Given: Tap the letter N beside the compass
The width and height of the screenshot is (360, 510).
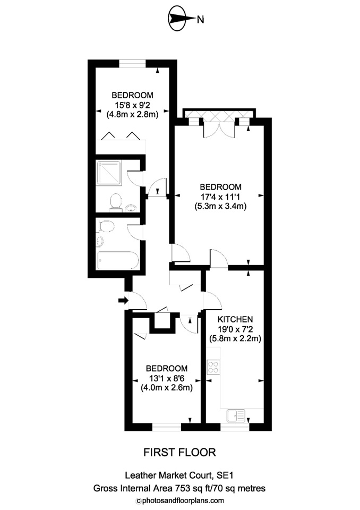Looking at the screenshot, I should click(x=200, y=20).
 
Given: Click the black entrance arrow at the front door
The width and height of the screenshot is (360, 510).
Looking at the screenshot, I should click(x=123, y=301).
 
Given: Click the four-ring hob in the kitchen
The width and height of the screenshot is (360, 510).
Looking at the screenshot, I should click(x=213, y=366).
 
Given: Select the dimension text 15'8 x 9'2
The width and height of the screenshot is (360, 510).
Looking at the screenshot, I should click(x=129, y=104).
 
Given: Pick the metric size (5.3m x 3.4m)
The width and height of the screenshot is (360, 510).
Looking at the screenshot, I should click(x=220, y=206).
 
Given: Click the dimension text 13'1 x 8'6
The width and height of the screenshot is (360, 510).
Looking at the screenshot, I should click(x=167, y=378).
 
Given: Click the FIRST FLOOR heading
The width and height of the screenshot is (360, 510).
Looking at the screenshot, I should click(x=180, y=453).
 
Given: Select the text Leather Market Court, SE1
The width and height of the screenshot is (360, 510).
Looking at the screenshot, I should click(x=179, y=477).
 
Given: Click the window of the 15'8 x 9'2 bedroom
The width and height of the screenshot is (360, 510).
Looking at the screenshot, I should click(x=132, y=64).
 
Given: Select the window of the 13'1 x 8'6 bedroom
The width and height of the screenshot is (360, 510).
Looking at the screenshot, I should click(x=166, y=427).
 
